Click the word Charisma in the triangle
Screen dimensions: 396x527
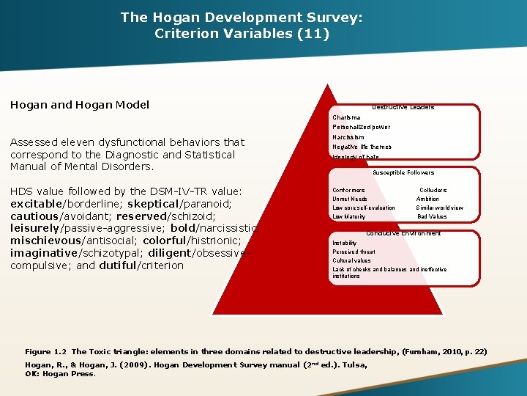click(346, 117)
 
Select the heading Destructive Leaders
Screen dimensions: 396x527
click(403, 107)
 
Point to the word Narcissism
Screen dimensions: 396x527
click(348, 137)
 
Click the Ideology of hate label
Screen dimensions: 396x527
click(356, 157)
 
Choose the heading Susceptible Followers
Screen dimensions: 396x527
click(403, 173)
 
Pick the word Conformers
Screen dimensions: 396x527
click(348, 191)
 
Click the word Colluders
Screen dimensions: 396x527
click(433, 191)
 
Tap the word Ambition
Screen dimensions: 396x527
click(428, 199)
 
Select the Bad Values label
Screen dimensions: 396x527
click(432, 216)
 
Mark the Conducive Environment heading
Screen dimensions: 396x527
click(403, 233)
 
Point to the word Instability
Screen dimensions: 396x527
click(345, 243)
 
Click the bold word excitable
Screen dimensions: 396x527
click(37, 203)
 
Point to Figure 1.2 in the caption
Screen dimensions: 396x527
click(45, 352)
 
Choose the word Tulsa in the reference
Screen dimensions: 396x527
click(354, 364)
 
